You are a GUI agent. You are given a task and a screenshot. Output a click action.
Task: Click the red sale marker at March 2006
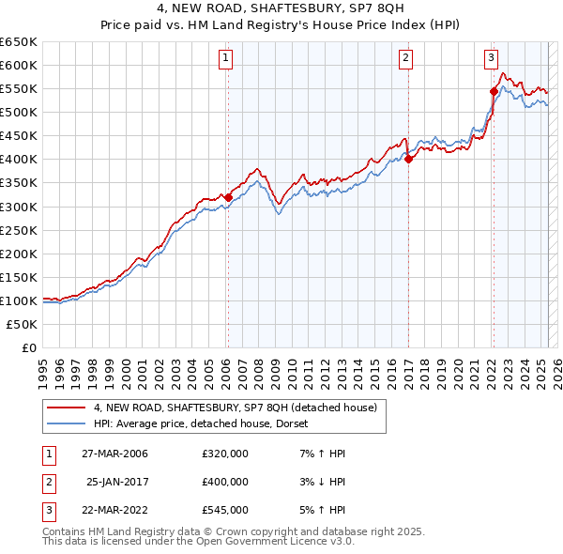228,196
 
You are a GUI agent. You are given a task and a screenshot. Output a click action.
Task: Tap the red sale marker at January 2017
409,159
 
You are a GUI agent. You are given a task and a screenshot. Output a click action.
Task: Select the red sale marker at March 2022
494,91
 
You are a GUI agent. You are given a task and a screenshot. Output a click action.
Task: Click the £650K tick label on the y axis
19,41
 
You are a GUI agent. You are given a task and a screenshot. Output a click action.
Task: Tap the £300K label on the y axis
19,207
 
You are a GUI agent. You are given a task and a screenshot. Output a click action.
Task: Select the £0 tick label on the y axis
28,347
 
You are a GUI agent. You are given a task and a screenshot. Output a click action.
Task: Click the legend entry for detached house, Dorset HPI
207,423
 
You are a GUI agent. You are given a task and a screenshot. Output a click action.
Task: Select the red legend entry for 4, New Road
235,408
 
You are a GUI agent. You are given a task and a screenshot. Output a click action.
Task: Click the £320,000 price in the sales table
225,454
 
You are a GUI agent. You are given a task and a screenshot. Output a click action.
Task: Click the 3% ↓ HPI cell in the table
319,482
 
